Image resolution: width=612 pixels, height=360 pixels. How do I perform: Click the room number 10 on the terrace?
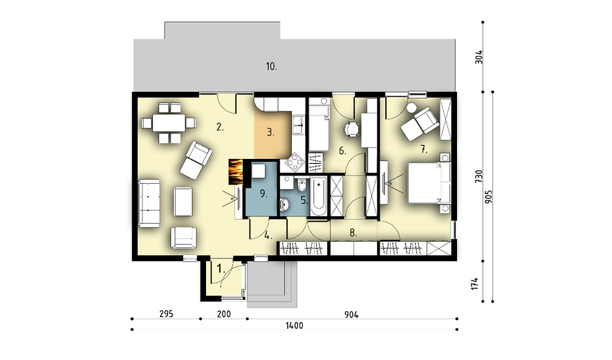point(272,67)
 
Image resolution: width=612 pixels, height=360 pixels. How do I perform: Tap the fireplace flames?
point(235,172)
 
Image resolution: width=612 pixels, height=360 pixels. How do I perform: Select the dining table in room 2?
point(169,122)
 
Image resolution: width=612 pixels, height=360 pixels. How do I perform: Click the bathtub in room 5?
point(318,196)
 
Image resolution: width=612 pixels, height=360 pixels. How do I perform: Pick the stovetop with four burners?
point(295,162)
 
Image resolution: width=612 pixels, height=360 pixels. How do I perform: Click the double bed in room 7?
point(429,183)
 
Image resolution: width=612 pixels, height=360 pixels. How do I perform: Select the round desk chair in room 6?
point(352,129)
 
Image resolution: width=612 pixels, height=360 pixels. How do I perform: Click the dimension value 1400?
point(295,325)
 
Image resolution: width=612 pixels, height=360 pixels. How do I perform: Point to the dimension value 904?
point(351,314)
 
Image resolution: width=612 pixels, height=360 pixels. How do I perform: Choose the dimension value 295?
point(166,314)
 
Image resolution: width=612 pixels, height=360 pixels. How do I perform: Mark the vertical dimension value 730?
point(479,176)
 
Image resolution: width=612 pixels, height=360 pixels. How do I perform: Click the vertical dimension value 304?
point(479,57)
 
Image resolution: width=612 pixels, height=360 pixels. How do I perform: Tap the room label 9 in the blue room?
point(263,193)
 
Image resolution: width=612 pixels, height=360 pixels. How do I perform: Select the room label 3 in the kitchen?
point(270,133)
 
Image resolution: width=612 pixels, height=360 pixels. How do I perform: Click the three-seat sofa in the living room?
point(149,203)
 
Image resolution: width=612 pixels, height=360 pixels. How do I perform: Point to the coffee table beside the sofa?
point(183,202)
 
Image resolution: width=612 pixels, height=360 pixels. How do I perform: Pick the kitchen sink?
point(298,126)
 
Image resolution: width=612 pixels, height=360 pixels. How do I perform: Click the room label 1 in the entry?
point(221,269)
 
